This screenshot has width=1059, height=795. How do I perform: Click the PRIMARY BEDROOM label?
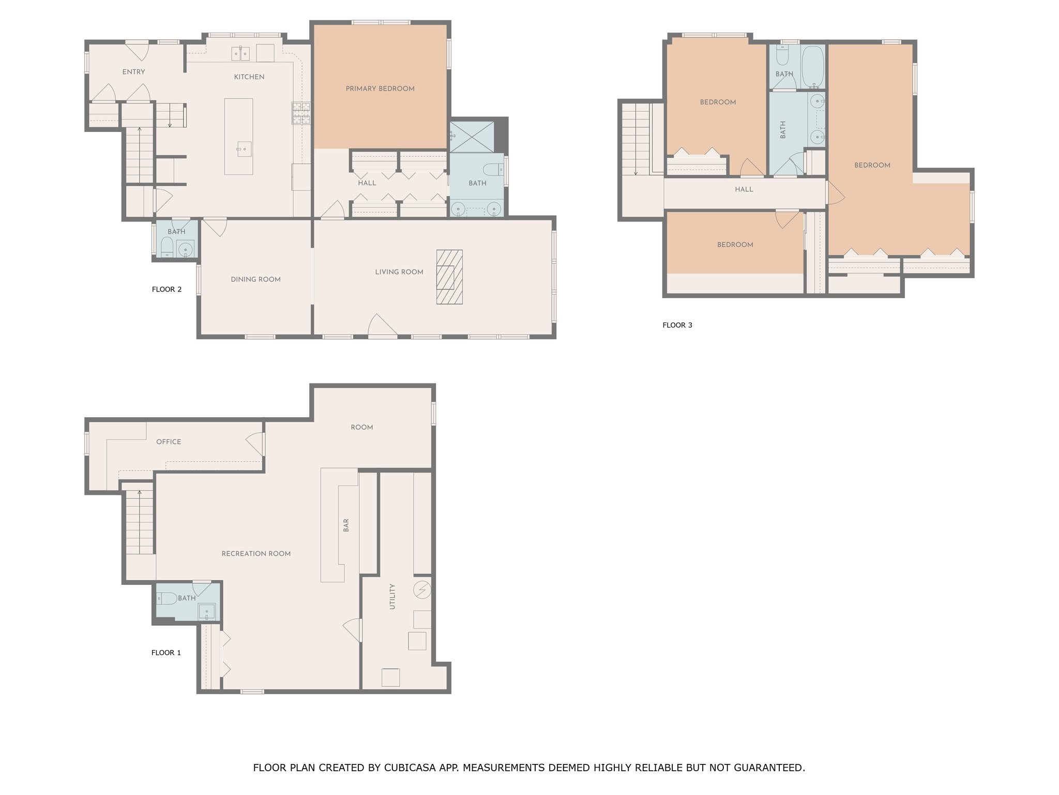coord(380,89)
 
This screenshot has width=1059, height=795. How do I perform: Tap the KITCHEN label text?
coord(249,77)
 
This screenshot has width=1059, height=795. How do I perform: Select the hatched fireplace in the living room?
coord(449,277)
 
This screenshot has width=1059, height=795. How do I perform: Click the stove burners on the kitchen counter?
coord(301,113)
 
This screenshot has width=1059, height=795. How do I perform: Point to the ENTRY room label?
coord(133,72)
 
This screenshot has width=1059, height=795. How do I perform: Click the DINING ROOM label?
coord(256,279)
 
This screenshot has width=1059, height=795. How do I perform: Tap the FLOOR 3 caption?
coord(677,325)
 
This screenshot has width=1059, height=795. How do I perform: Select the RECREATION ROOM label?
coord(256,554)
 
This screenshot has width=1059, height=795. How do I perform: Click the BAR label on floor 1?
coord(346,525)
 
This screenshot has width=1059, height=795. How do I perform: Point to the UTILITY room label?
coord(392,596)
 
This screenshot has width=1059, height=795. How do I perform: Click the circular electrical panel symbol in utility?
coord(422,590)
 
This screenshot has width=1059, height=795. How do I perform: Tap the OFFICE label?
coord(169,442)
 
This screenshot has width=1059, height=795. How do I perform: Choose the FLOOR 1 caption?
coord(166,653)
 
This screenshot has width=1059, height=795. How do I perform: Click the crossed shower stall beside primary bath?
coord(472,137)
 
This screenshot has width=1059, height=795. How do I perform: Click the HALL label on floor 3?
coord(744,189)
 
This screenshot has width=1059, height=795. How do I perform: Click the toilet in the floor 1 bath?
coord(167,598)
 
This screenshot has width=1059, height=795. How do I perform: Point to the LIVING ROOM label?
coord(399,272)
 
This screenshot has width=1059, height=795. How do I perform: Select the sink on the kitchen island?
coord(244,149)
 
